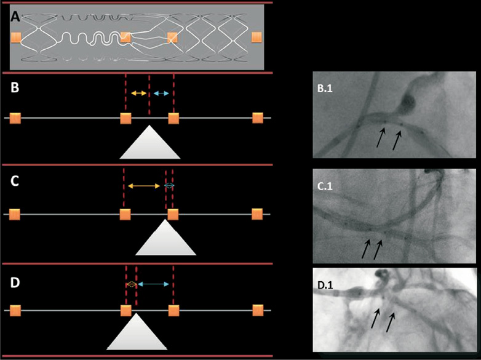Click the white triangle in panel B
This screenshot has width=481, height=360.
point(150,144)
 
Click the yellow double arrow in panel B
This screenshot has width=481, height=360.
point(139,93)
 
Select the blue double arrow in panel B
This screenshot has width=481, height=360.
point(162,93)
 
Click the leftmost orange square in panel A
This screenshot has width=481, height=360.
point(15,39)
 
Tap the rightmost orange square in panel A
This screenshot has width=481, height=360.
point(256,38)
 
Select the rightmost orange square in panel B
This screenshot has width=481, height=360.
point(258,118)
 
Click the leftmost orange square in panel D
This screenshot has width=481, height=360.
point(15,310)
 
